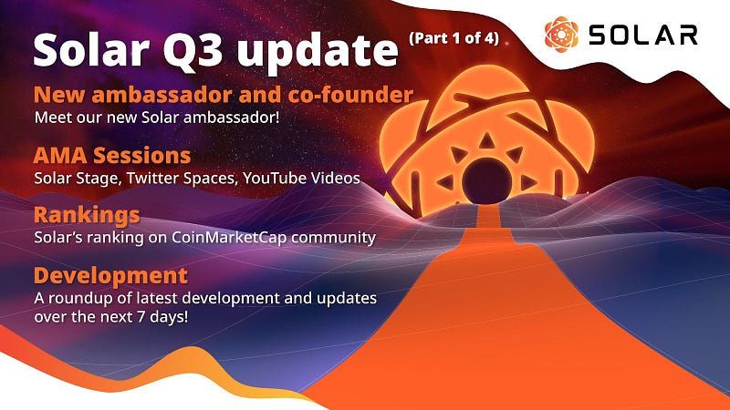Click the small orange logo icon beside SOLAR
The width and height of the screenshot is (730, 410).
point(561,34)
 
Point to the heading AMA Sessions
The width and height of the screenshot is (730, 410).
point(112,154)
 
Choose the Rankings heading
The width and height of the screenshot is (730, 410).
point(87,215)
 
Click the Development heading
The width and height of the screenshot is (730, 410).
point(110,275)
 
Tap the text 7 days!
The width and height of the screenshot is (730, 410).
point(167,319)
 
